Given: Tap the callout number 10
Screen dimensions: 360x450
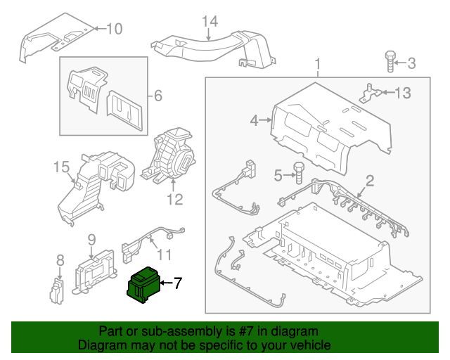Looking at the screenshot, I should (x=113, y=29).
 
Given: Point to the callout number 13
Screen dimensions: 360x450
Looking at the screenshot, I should (x=401, y=93).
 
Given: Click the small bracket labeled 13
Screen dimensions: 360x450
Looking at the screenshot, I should (x=370, y=92).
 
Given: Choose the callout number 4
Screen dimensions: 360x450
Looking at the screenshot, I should (x=255, y=121).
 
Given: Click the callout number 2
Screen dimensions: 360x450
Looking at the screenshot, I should (x=370, y=180).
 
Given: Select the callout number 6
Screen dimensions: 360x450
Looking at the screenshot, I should (x=157, y=95).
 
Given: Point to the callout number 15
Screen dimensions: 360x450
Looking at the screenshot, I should (x=62, y=167).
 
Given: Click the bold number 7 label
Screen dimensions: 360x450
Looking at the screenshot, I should (x=177, y=283).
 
